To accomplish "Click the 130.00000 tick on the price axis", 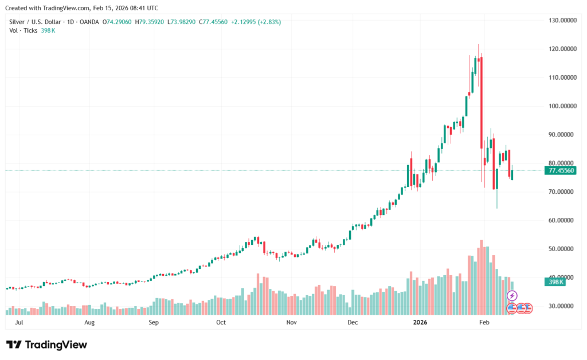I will pyautogui.click(x=561, y=21).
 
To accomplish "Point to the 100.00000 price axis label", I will pyautogui.click(x=561, y=106).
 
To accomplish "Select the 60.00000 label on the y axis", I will pyautogui.click(x=562, y=220).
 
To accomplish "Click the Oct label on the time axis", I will pyautogui.click(x=221, y=323).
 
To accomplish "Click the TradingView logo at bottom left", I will pyautogui.click(x=47, y=345).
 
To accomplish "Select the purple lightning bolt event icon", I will pyautogui.click(x=512, y=296).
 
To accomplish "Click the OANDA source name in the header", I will pyautogui.click(x=89, y=22).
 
